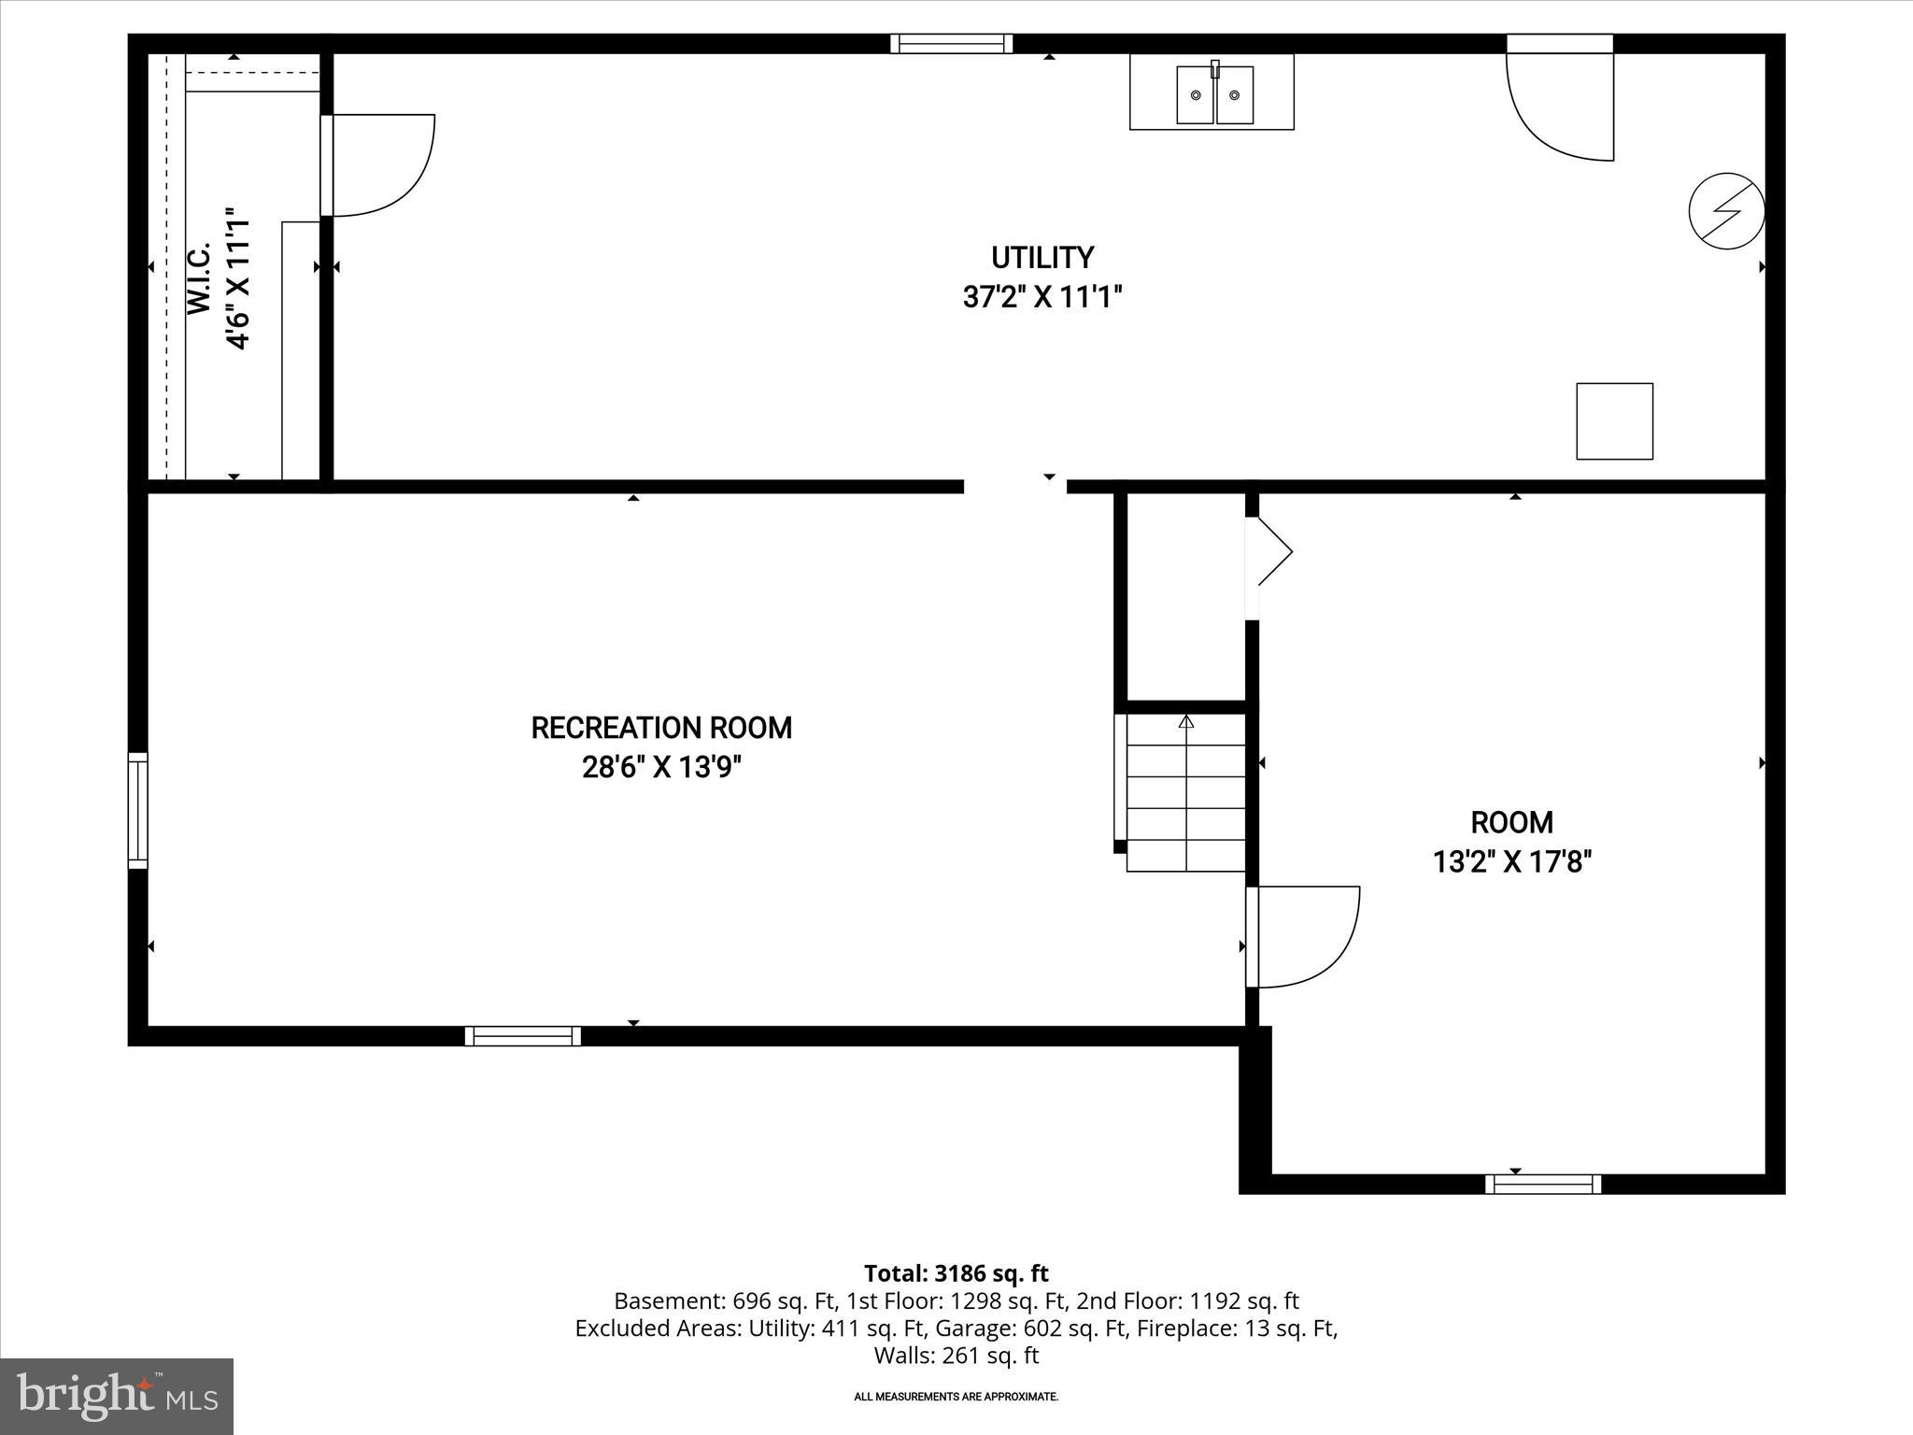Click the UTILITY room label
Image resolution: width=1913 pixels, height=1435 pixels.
1042,258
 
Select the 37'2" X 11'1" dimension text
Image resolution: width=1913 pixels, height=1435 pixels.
1042,298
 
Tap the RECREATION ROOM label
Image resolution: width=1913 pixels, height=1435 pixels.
661,728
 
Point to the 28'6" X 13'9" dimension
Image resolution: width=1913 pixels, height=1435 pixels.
661,768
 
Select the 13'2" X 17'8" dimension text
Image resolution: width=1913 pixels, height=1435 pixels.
1511,861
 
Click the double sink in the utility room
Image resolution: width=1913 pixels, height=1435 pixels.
1213,94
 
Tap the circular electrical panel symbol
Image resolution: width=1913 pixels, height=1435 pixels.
1726,211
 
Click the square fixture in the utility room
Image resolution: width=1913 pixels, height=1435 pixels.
1614,421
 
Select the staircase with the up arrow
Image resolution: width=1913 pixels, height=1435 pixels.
1186,791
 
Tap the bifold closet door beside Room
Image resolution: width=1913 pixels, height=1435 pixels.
1269,553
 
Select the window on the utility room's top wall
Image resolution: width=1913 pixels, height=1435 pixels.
951,44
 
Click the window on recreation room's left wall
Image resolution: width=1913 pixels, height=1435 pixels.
137,810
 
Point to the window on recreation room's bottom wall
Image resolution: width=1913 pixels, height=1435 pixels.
522,1035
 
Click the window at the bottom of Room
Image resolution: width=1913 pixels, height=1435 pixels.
1542,1184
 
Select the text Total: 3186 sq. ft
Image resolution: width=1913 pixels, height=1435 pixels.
956,1273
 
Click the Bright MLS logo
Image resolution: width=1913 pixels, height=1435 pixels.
116,1396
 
